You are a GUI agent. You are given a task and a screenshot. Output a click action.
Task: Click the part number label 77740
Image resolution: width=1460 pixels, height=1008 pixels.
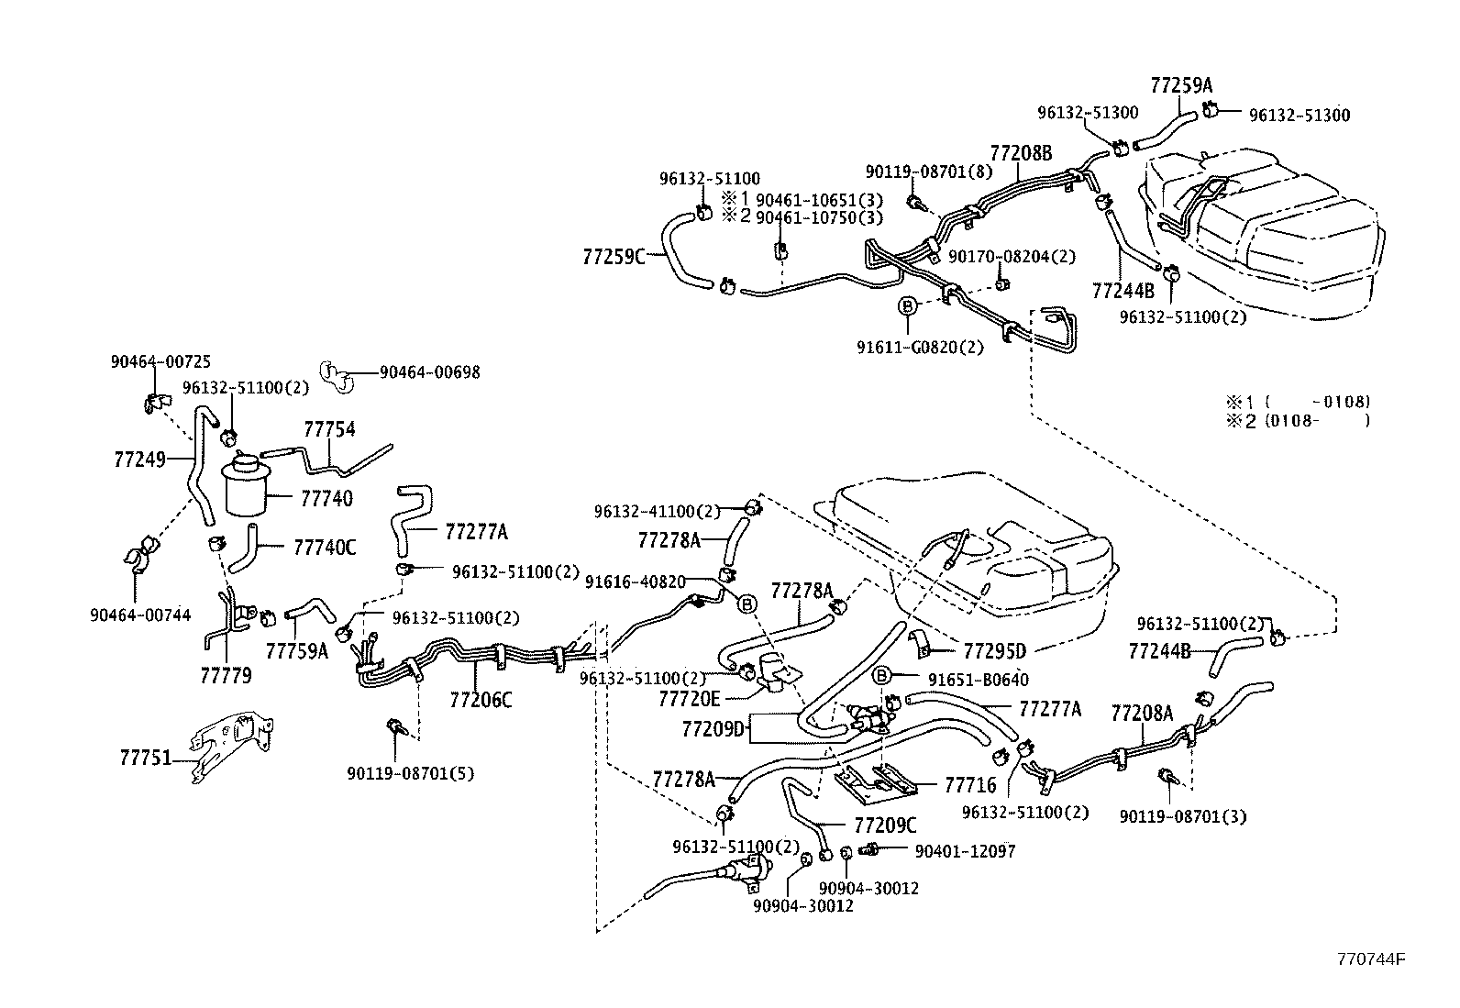pos(326,498)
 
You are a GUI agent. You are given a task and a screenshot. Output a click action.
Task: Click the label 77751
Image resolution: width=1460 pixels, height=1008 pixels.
pos(146,759)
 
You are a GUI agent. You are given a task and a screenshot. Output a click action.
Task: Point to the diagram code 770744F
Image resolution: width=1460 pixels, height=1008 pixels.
pos(1371,959)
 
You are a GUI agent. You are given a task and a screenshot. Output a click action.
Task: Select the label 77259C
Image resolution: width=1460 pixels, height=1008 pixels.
pos(614,256)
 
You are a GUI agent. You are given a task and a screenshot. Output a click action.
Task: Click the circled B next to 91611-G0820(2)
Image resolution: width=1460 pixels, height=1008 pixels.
pos(907,305)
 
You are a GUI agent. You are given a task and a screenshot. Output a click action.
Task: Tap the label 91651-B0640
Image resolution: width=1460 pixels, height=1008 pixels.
pos(978,680)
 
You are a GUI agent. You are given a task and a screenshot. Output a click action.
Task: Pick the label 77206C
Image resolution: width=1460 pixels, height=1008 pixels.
pos(481,700)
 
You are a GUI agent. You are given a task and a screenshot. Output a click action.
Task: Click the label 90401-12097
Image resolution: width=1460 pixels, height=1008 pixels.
pos(965,851)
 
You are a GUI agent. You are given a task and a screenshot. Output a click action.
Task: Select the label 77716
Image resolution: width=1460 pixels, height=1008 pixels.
pos(969,785)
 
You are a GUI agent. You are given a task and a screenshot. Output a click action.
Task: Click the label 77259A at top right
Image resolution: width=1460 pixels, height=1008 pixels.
pos(1181,85)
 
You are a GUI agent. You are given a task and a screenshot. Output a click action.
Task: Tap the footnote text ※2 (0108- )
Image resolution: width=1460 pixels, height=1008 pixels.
pos(1298,420)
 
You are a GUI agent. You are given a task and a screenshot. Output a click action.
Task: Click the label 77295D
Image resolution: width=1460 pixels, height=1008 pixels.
pos(994,651)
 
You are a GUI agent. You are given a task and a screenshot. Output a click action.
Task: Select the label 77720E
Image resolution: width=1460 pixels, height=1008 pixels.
pos(689,698)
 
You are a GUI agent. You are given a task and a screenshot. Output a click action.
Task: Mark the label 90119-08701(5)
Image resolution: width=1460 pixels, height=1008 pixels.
pos(410,772)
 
